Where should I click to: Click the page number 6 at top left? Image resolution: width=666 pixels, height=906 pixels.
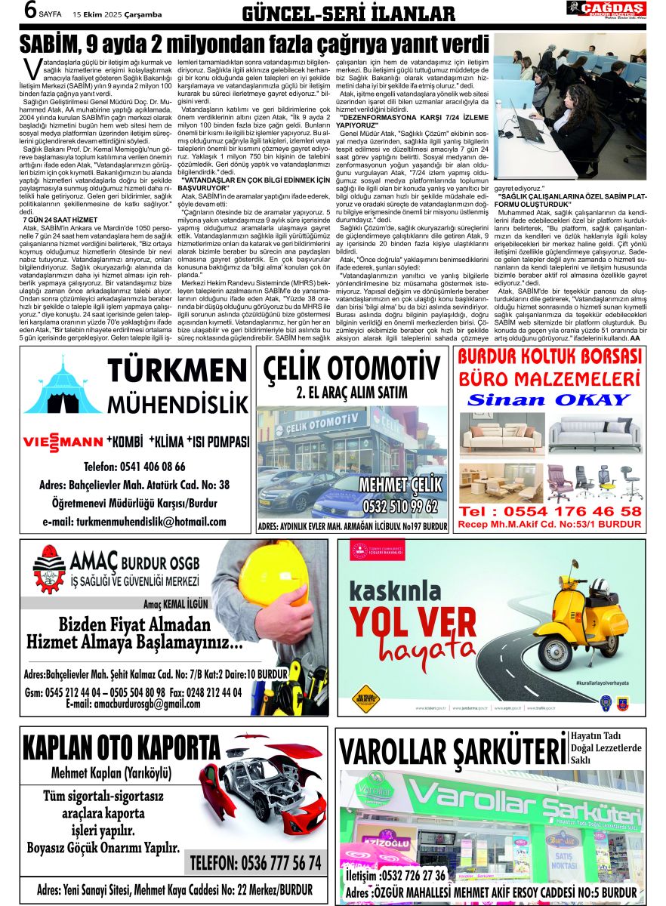click(x=31, y=11)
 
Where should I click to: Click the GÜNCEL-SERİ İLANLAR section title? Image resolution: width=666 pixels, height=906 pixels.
click(x=348, y=14)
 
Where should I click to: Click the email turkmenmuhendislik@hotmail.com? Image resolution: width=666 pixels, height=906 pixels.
click(x=134, y=522)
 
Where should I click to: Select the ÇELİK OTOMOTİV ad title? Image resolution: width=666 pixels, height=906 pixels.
click(x=352, y=370)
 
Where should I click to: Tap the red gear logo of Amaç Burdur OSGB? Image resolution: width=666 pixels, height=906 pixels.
click(x=48, y=572)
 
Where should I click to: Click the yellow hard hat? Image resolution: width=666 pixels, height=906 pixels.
click(x=273, y=581)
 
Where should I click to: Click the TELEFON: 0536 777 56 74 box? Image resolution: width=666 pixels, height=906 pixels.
click(x=256, y=863)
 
